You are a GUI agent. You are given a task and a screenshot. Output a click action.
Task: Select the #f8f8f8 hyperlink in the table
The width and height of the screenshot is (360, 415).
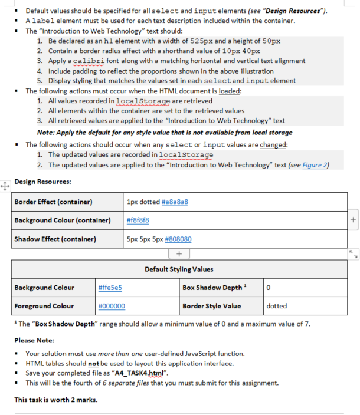tap(138, 220)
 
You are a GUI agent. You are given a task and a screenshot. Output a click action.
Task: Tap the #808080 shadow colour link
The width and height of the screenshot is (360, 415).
tap(178, 239)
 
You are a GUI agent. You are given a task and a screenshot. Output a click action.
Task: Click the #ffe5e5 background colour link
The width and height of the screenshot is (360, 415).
tap(110, 288)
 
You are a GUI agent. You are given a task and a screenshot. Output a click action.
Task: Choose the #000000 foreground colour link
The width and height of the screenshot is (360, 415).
tap(111, 306)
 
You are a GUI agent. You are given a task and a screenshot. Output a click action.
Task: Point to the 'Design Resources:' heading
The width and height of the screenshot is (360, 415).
tap(42, 182)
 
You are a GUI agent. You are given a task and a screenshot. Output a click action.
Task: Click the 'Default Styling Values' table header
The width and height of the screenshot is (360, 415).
tap(179, 269)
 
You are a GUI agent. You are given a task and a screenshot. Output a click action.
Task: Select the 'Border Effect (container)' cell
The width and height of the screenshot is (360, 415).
tap(53, 202)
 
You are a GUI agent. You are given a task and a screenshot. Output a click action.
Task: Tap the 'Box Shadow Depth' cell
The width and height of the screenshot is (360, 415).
tap(212, 288)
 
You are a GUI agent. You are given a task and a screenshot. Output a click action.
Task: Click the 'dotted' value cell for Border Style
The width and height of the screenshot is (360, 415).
tap(277, 306)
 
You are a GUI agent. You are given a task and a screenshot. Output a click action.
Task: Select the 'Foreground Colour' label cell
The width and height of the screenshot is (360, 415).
tap(44, 306)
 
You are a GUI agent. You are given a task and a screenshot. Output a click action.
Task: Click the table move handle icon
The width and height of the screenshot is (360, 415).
tap(4, 185)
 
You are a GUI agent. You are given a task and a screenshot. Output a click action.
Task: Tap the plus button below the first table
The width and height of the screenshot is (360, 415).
tap(179, 253)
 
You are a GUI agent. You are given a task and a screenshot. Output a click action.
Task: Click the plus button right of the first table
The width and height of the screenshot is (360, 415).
tap(353, 220)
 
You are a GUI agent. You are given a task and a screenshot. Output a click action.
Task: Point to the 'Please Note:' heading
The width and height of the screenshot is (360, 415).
tap(34, 340)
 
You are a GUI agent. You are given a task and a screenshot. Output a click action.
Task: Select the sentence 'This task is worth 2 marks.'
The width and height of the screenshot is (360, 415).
tap(55, 400)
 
